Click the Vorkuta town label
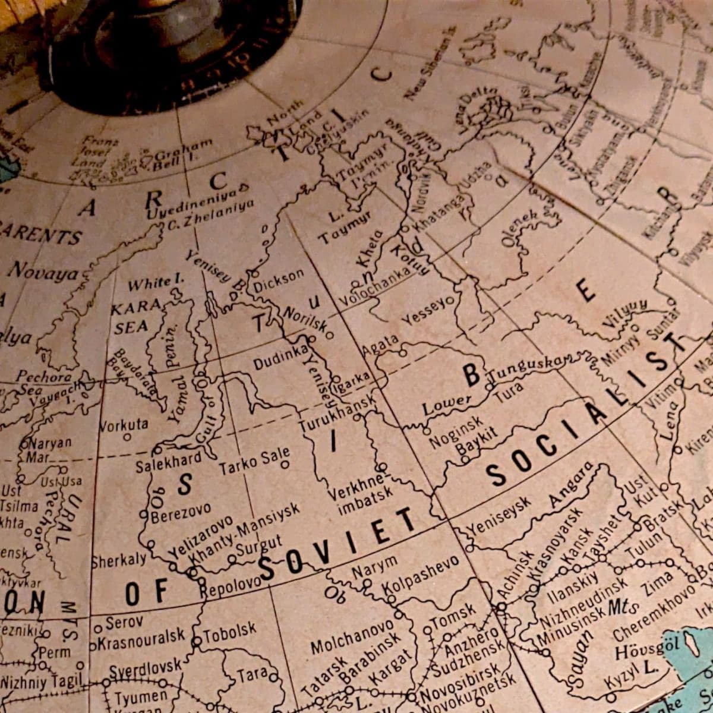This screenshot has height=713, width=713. coord(123,425)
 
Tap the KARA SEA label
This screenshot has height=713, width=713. coord(134,316)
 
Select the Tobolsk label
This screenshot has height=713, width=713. coord(229,631)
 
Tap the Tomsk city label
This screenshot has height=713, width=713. coord(455,616)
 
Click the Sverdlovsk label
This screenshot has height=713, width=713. coord(145,668)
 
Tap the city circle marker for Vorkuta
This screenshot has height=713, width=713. coord(127,437)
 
